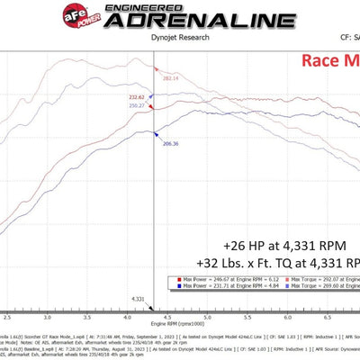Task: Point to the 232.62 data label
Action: (136, 97)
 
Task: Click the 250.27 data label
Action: (138, 106)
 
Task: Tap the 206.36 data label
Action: (171, 142)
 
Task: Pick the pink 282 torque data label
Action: (170, 78)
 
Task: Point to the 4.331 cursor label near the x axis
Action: (137, 298)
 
